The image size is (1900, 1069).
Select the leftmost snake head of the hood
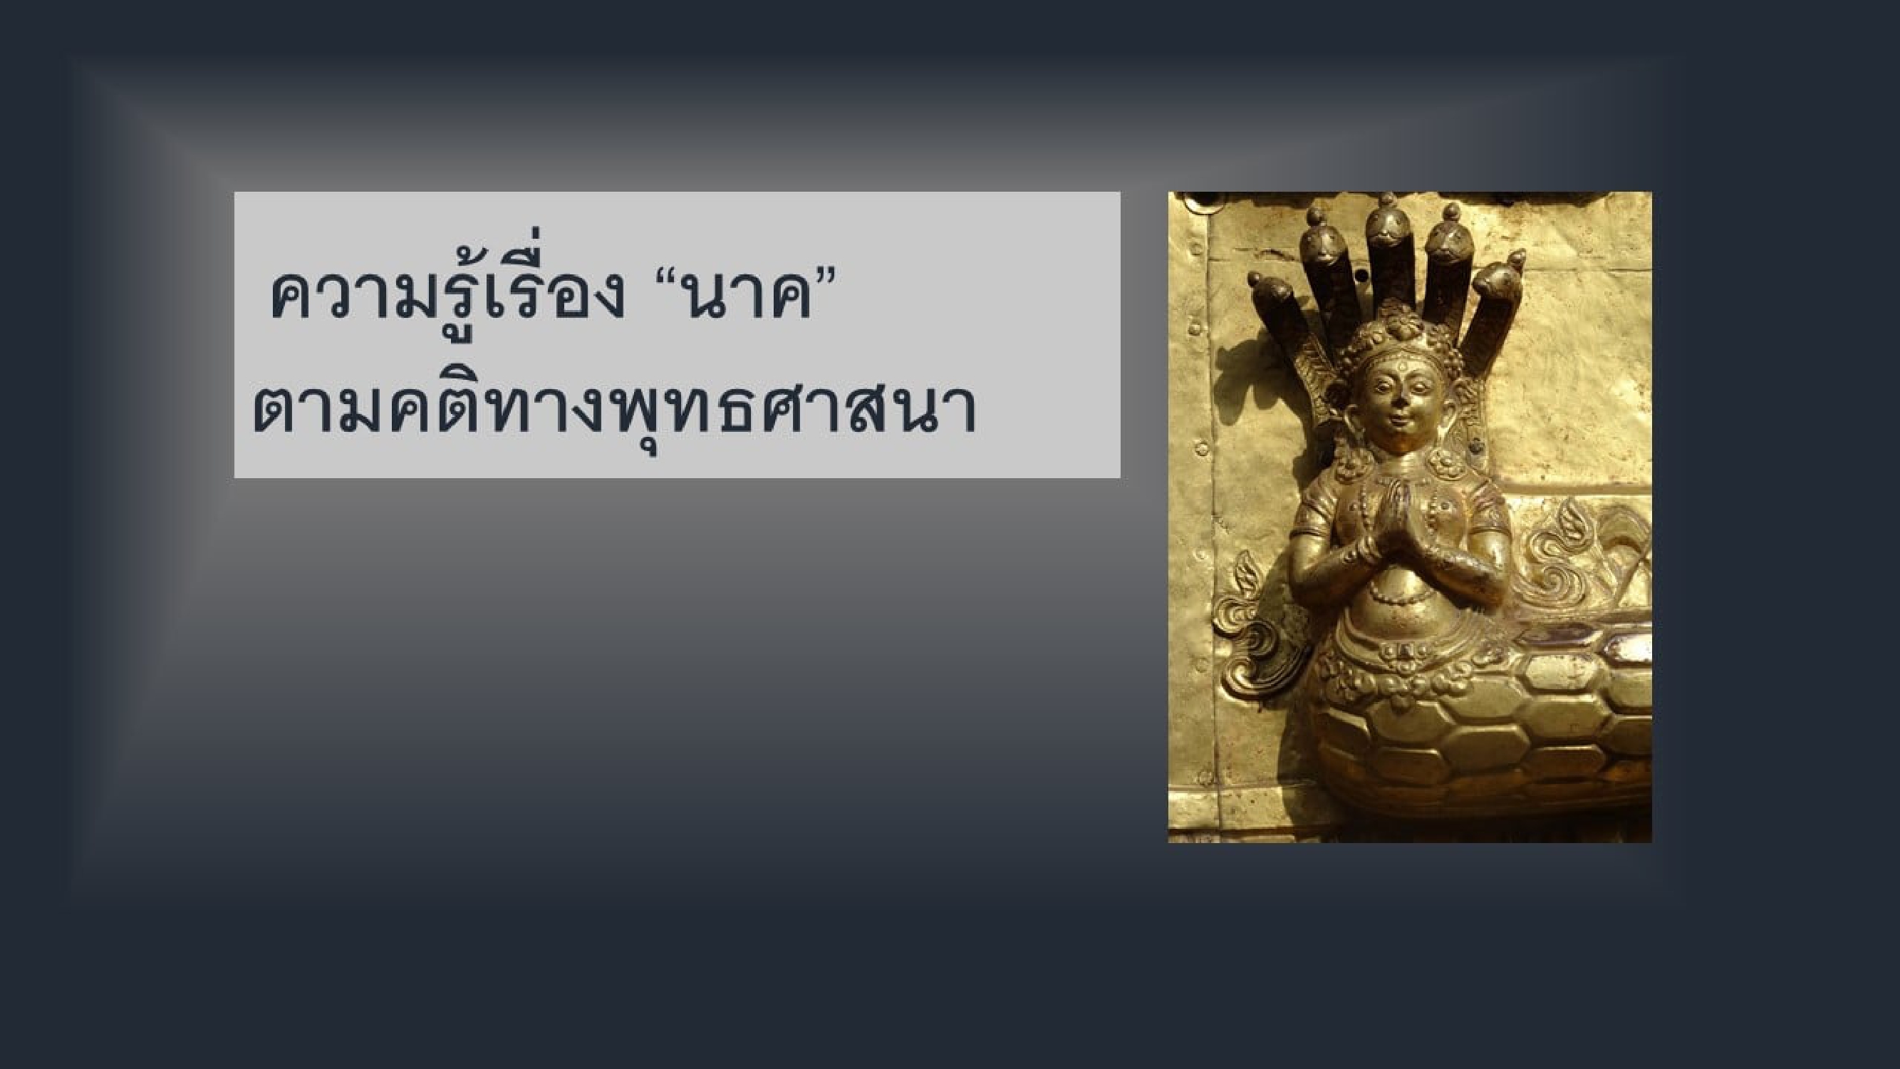pos(1270,291)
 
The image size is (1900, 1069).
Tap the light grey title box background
pos(677,335)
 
